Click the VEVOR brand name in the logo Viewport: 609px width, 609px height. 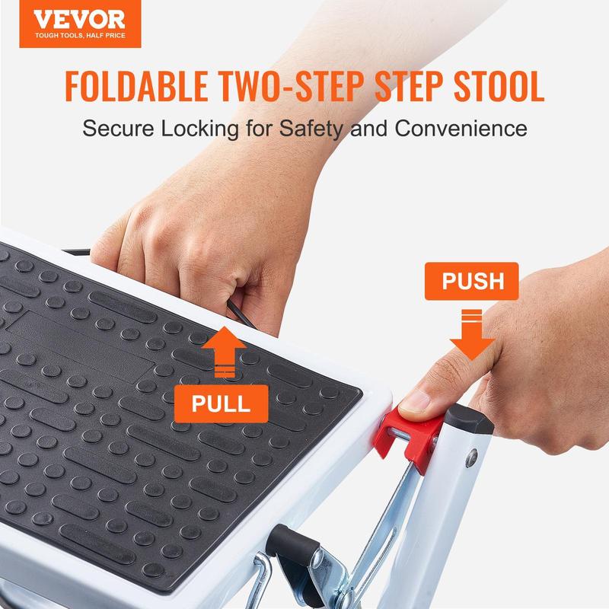pyautogui.click(x=80, y=20)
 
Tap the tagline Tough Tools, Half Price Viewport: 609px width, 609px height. pyautogui.click(x=80, y=35)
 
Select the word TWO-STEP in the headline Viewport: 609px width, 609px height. pyautogui.click(x=292, y=86)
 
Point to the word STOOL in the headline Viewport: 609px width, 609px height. pyautogui.click(x=499, y=86)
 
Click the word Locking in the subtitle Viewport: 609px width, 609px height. pyautogui.click(x=200, y=129)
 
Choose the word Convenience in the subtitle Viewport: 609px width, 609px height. pyautogui.click(x=461, y=128)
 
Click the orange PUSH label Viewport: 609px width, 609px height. pyautogui.click(x=471, y=281)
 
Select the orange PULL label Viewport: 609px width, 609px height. pyautogui.click(x=221, y=403)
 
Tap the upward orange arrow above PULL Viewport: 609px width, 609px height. pyautogui.click(x=224, y=350)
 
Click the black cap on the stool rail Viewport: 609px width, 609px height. pyautogui.click(x=469, y=420)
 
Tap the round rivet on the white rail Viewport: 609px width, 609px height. pyautogui.click(x=471, y=458)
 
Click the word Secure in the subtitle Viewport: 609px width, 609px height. pyautogui.click(x=119, y=128)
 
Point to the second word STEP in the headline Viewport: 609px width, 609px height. pyautogui.click(x=409, y=86)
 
